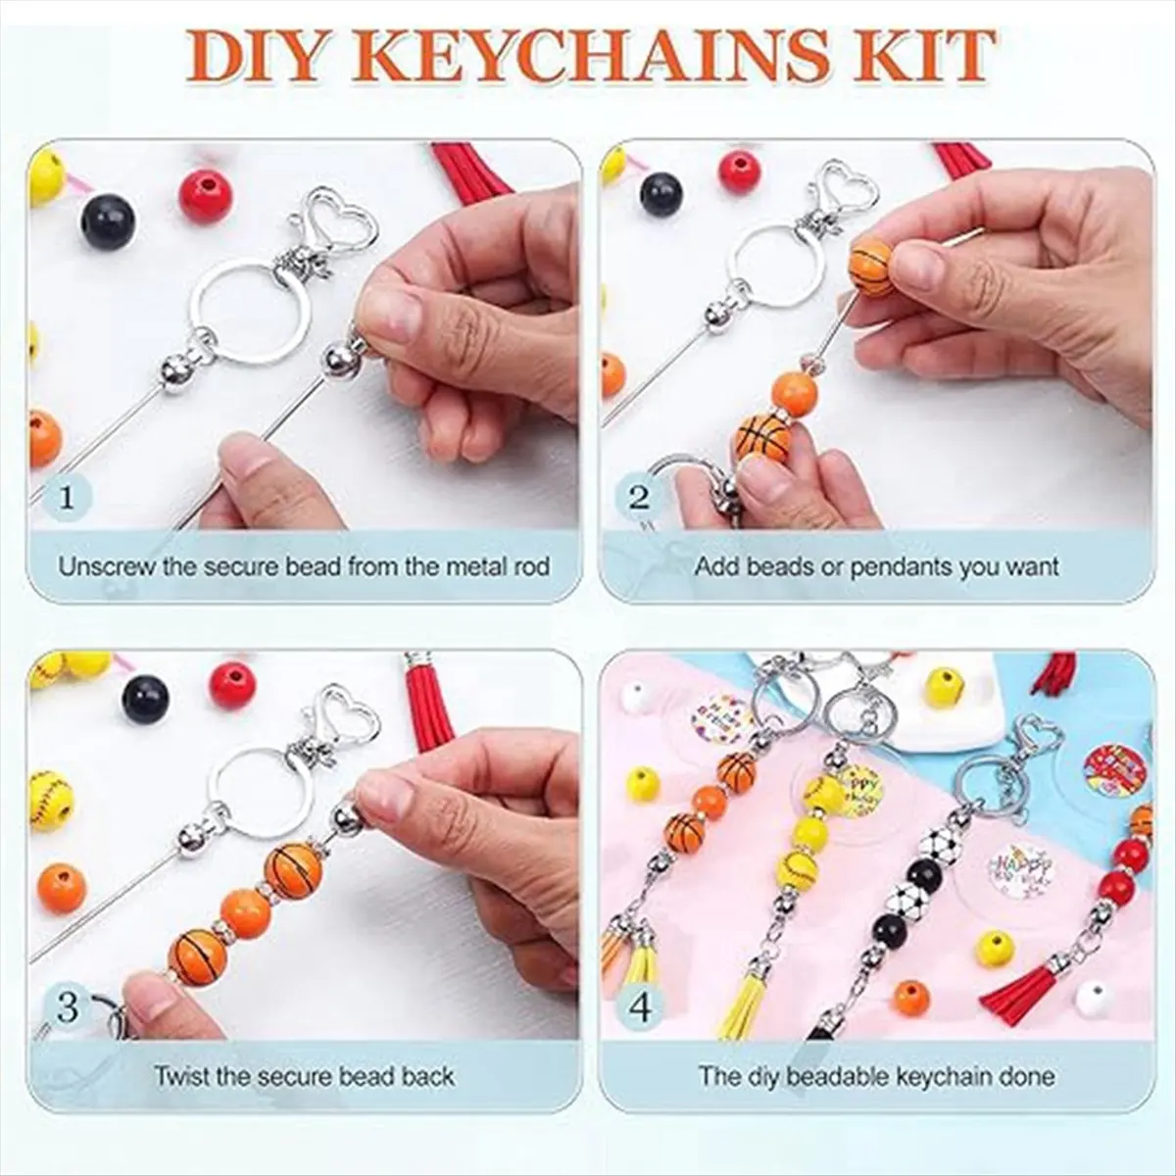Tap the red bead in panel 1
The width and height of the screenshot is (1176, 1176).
point(206,195)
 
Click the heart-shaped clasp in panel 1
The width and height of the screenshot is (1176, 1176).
point(347,224)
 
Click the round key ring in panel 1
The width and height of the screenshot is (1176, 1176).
point(250,313)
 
